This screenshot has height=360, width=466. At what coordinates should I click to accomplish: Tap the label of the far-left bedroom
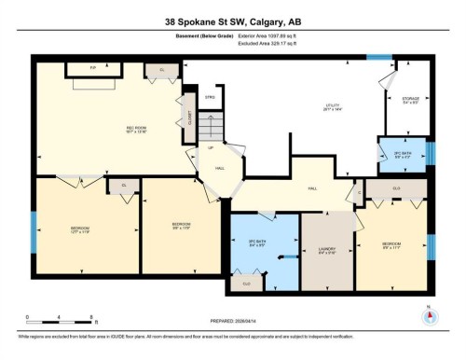coord(81,229)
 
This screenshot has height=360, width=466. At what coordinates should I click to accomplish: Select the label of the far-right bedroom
coord(392,246)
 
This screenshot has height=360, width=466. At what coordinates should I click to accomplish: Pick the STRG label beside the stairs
coord(211,96)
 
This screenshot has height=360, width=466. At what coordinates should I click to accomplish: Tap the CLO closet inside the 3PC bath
coord(246,283)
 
